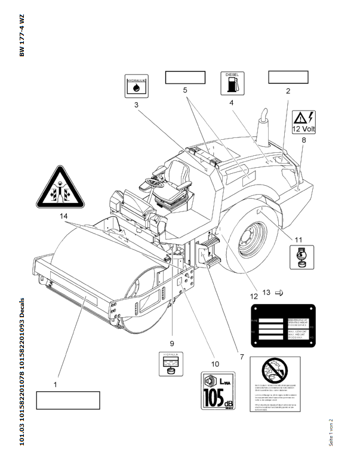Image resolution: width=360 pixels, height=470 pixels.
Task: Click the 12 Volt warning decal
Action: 304,122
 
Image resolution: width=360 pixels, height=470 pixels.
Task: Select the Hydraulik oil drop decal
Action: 136,86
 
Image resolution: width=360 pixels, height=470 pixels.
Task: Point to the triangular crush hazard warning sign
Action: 61,187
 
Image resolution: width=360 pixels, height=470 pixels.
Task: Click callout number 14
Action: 64,216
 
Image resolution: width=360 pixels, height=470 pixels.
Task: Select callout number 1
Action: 56,385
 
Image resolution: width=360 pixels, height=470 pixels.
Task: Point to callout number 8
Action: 303,140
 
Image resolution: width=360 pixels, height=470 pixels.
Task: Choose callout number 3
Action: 136,105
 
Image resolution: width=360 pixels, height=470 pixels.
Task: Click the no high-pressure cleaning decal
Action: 275,385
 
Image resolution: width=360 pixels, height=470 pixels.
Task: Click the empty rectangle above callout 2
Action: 288,77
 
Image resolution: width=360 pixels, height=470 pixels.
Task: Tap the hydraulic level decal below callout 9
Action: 170,364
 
